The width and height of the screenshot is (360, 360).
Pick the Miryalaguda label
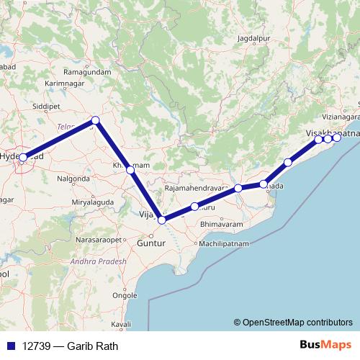click(x=92, y=203)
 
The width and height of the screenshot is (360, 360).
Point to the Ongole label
click(x=125, y=295)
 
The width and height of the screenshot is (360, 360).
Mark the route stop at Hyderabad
click(x=24, y=157)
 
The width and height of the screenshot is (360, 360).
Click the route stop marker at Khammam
click(x=130, y=170)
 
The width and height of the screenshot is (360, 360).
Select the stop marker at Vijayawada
click(x=163, y=220)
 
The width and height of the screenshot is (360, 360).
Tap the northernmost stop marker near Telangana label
click(x=95, y=120)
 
